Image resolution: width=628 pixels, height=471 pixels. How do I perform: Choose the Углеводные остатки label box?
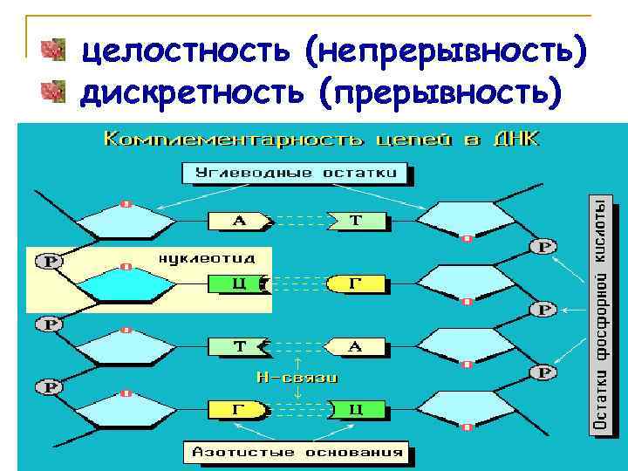[296, 173]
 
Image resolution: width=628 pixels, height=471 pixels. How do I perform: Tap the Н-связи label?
[297, 378]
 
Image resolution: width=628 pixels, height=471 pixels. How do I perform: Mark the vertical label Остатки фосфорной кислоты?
[602, 314]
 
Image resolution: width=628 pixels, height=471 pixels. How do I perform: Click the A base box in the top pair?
[239, 222]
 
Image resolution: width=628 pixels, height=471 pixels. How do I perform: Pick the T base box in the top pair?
[357, 221]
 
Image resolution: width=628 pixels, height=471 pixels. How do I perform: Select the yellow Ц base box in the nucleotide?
[236, 283]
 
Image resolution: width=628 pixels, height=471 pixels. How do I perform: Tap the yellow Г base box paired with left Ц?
[355, 283]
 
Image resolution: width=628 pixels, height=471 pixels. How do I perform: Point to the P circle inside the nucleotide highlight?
[49, 261]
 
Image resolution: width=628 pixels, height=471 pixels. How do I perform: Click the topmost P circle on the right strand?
[544, 247]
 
